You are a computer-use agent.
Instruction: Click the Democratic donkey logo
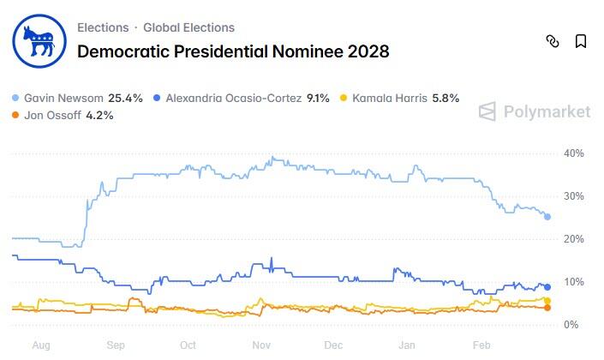[x=39, y=39]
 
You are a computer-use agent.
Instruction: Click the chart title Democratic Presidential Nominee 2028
[x=233, y=51]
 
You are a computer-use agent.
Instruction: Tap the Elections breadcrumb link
[x=103, y=27]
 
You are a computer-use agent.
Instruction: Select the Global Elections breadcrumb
[x=188, y=27]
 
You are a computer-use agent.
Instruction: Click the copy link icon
[x=553, y=41]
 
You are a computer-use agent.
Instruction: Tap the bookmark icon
[x=581, y=41]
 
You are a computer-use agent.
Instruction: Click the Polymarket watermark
[x=535, y=111]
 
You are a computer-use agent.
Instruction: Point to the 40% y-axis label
[x=573, y=153]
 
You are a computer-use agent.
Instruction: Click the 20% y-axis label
[x=573, y=239]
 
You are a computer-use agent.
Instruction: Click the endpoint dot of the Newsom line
[x=548, y=216]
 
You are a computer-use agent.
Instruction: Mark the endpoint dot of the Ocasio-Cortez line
[x=548, y=287]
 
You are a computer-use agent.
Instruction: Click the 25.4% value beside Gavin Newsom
[x=125, y=98]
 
